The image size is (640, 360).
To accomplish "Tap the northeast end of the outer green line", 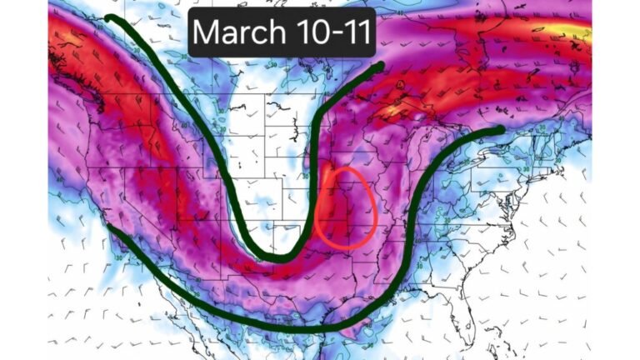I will (500, 129).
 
